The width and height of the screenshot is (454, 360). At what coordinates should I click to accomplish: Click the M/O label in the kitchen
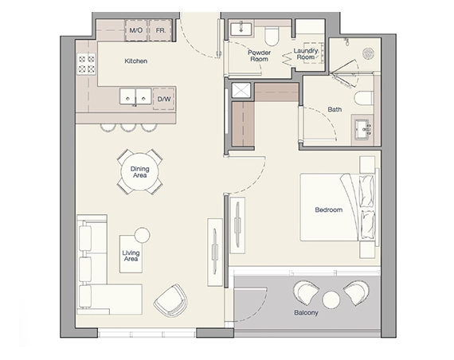pos(136,31)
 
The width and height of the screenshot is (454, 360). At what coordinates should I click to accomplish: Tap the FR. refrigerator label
pos(161,31)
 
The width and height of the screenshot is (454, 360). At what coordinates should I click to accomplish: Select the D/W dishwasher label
pos(164,100)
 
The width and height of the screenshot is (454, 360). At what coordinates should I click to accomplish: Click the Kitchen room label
pos(135,61)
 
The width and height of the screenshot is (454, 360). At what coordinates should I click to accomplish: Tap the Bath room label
pos(335,110)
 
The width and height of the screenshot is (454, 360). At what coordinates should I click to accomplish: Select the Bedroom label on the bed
pos(328,210)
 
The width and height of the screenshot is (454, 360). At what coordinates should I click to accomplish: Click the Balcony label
pos(306,312)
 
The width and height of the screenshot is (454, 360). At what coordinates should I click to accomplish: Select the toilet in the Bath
pos(363,99)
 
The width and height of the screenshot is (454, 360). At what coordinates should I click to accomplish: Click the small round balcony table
pos(331,298)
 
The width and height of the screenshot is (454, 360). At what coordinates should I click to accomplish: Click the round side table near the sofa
pos(142,235)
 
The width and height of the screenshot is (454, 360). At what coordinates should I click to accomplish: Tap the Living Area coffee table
pos(131,254)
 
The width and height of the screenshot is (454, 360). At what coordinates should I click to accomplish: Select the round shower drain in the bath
pos(368,54)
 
